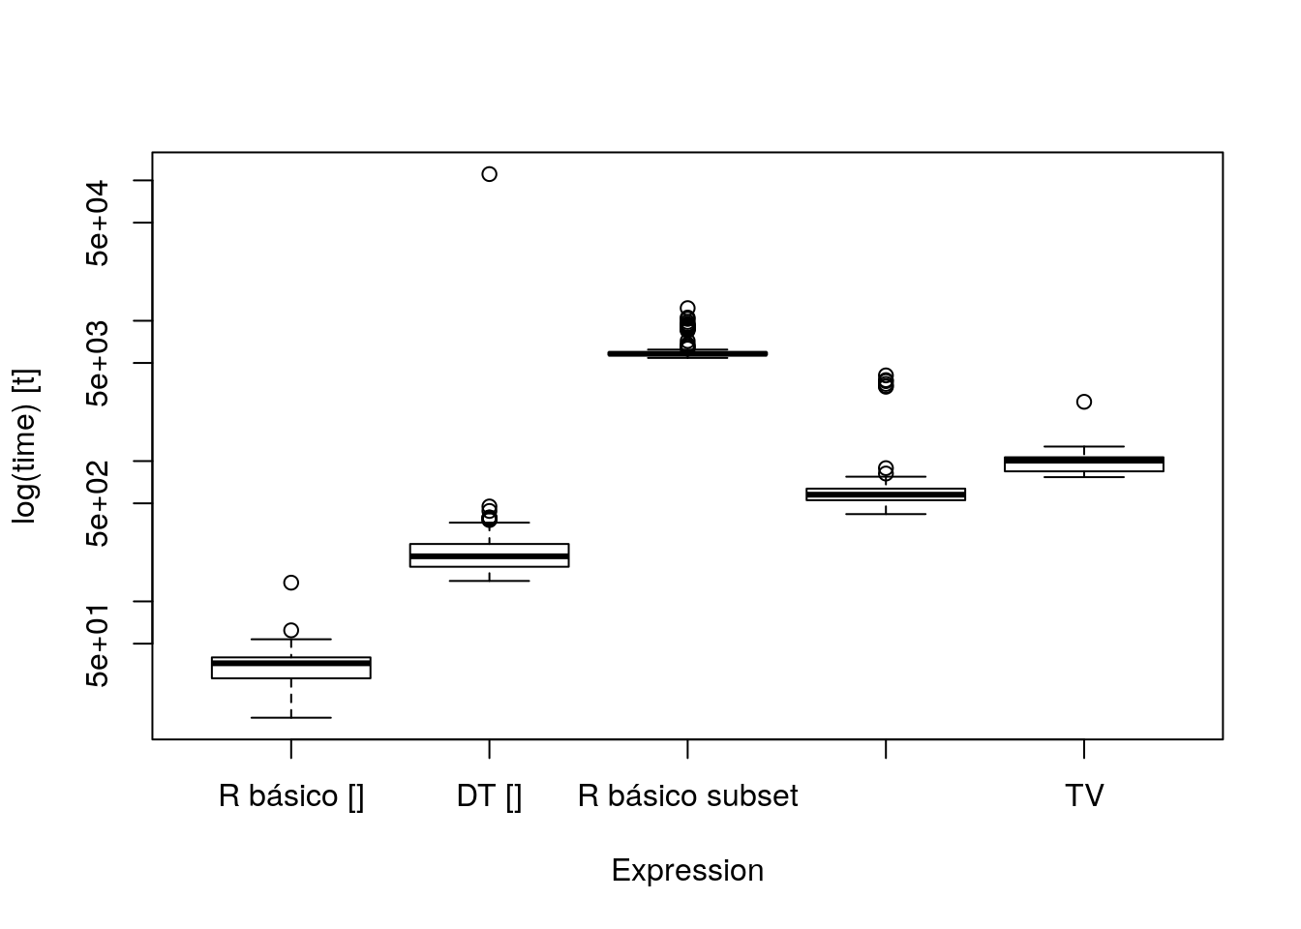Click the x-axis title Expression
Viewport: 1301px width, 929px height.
pos(687,871)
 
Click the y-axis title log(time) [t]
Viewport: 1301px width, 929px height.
pos(25,446)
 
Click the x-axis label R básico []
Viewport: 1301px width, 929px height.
pos(291,796)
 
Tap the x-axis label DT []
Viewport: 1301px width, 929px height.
pos(489,796)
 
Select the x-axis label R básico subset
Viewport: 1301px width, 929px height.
pos(687,796)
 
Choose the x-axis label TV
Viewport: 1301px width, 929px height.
pos(1084,796)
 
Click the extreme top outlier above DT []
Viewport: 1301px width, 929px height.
pos(489,174)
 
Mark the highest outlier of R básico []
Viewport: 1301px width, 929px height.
pos(291,583)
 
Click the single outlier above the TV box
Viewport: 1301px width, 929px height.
pos(1084,402)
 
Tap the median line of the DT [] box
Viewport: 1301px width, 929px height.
pos(489,555)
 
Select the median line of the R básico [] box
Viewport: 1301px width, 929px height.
pos(291,663)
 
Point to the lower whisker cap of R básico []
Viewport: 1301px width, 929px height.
pos(291,717)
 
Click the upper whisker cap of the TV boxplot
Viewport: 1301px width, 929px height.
pos(1084,447)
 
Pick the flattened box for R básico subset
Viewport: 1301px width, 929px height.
pos(687,353)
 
